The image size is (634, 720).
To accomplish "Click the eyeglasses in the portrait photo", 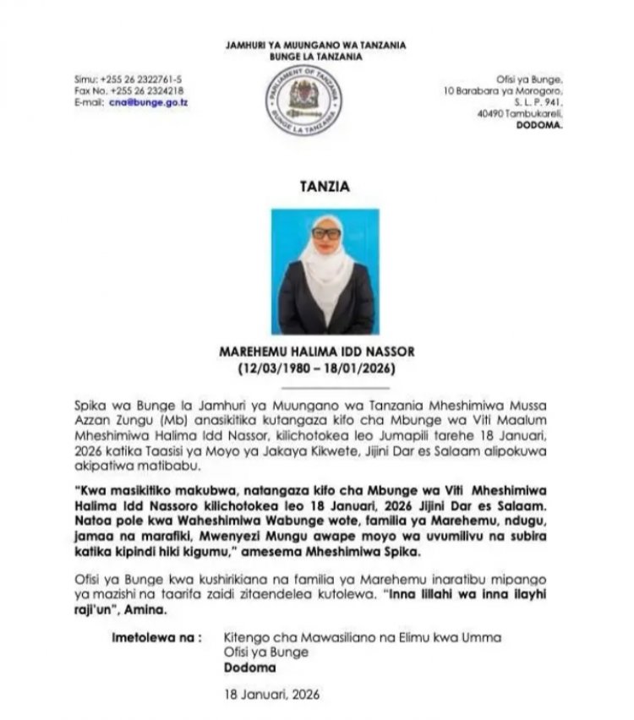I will point(326,233).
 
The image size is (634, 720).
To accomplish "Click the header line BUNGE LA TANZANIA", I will point(316,57).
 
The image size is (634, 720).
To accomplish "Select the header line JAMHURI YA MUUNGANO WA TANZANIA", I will point(316,45).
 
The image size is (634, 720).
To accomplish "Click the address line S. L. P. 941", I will point(538,101).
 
